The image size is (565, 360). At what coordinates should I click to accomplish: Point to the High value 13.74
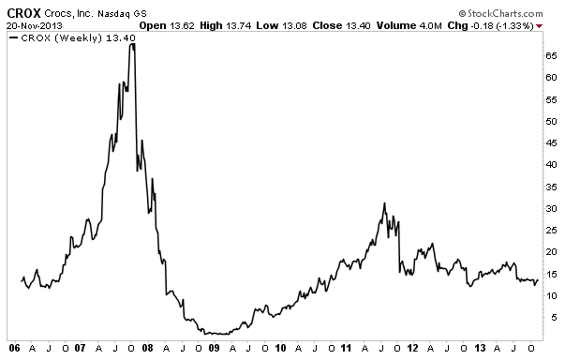point(245,26)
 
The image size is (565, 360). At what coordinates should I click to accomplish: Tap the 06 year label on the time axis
point(13,348)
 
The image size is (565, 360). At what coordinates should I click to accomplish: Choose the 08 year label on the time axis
point(147,348)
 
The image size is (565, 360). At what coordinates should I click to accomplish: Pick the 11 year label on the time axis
point(347,348)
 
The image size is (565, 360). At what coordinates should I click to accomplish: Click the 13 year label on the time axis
point(479,348)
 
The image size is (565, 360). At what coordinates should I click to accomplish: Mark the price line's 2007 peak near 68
point(131,44)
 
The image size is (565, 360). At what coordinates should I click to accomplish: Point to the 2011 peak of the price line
point(384,203)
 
